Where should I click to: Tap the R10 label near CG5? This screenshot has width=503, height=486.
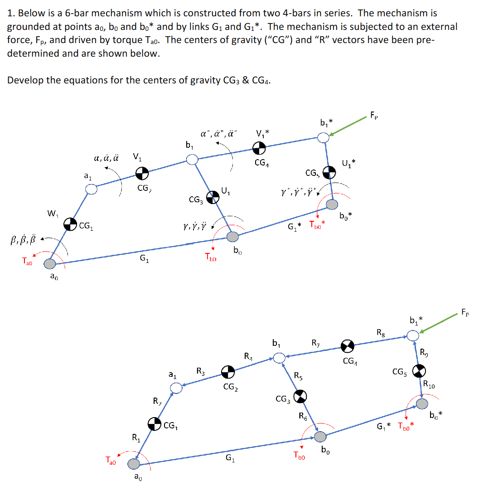pos(429,385)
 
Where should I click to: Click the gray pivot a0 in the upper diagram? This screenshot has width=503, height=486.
pos(49,263)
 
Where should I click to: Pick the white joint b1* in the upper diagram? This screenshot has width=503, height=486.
pos(323,137)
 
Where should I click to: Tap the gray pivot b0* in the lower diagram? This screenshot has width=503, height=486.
pos(422,403)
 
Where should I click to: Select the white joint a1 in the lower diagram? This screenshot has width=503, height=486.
pos(176,388)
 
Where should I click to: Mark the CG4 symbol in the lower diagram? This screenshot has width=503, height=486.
pos(348,346)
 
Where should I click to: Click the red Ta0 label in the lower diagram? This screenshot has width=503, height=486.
pos(111,461)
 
